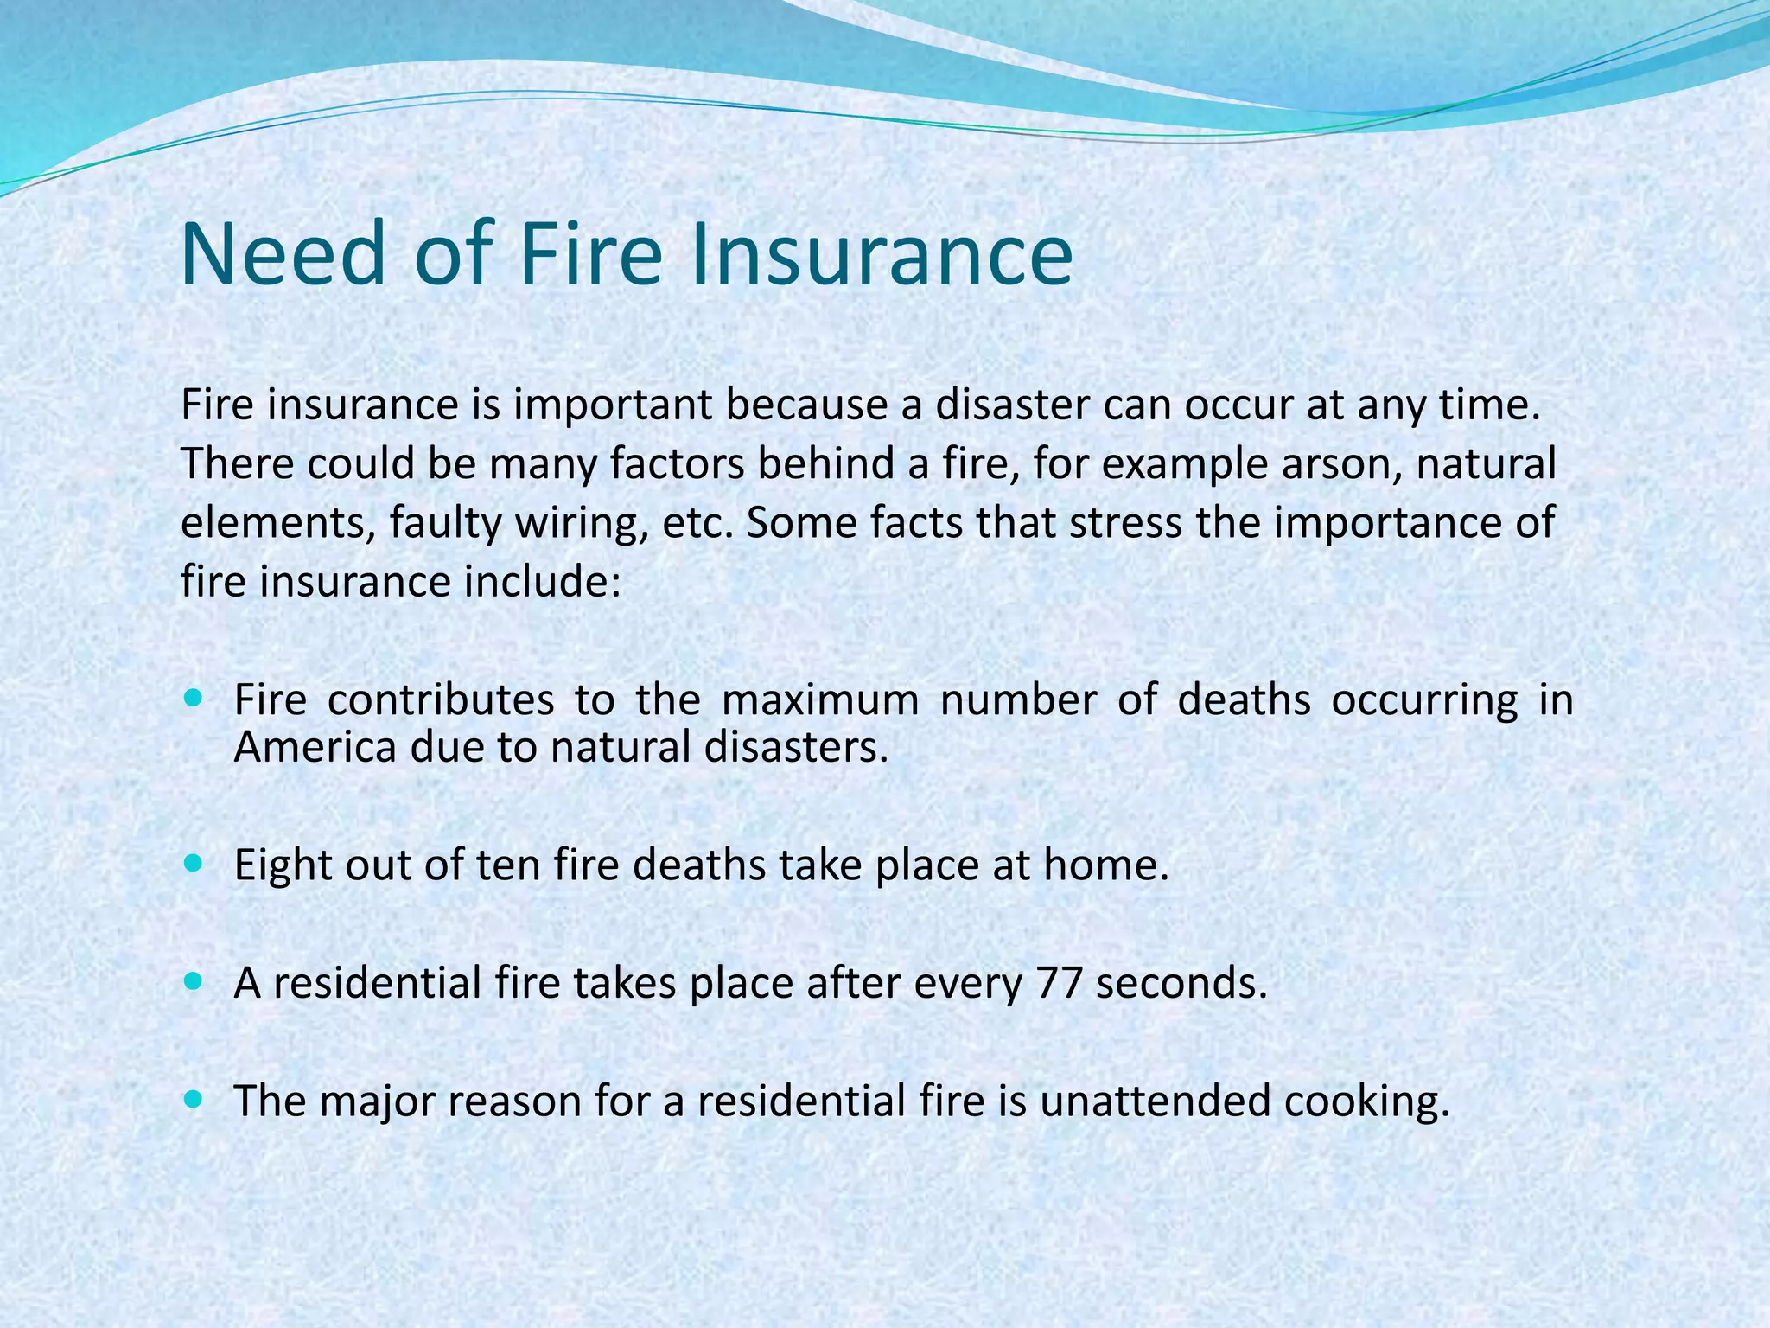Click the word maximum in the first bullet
point(820,699)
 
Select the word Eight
point(283,865)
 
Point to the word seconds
point(1181,983)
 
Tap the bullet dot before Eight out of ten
point(194,863)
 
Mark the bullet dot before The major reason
point(194,1100)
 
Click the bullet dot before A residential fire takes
point(194,981)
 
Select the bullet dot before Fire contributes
point(194,697)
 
